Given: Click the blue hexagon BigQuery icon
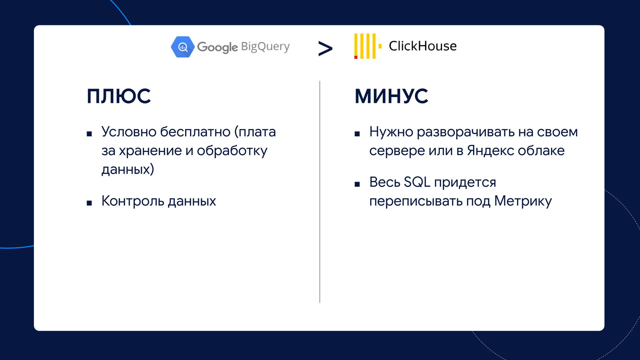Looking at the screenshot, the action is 183,47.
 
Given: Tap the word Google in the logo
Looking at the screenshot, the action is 217,47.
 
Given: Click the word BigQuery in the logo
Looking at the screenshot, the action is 265,47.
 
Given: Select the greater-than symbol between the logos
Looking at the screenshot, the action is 325,49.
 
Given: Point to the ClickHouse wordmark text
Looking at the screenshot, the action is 423,46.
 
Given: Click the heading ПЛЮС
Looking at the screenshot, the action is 119,96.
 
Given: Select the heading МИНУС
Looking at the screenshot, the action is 391,96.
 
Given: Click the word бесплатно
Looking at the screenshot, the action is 195,132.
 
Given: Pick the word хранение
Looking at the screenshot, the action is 150,151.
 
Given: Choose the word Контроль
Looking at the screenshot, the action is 133,201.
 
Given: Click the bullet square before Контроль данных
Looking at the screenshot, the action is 89,203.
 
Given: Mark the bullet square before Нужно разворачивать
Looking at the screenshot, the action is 357,134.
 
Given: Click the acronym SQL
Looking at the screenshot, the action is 417,182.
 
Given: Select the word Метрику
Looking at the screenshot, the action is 523,201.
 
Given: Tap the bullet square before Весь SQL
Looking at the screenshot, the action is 357,184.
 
